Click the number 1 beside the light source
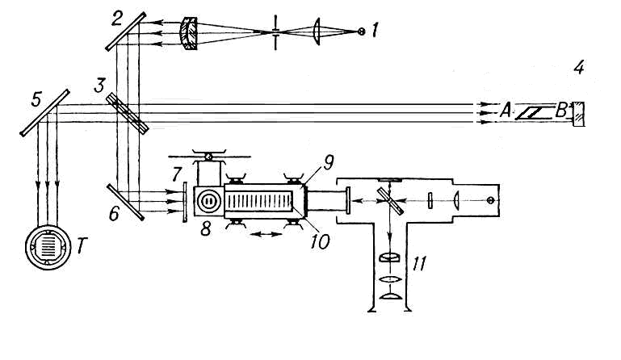pyautogui.click(x=375, y=30)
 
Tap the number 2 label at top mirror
pyautogui.click(x=116, y=19)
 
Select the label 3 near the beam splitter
pyautogui.click(x=99, y=85)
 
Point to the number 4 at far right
pyautogui.click(x=579, y=67)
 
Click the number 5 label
pyautogui.click(x=36, y=100)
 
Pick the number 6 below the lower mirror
pyautogui.click(x=114, y=214)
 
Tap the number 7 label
pyautogui.click(x=177, y=174)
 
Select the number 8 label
pyautogui.click(x=206, y=228)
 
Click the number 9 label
pyautogui.click(x=329, y=162)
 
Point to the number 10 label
pyautogui.click(x=320, y=241)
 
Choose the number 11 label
pyautogui.click(x=419, y=263)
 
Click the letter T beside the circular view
pyautogui.click(x=81, y=246)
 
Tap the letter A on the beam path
pyautogui.click(x=505, y=111)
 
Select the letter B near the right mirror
pyautogui.click(x=560, y=111)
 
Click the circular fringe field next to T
pyautogui.click(x=48, y=247)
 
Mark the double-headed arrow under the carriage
pyautogui.click(x=266, y=234)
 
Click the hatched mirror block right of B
pyautogui.click(x=578, y=114)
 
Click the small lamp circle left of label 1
pyautogui.click(x=361, y=31)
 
